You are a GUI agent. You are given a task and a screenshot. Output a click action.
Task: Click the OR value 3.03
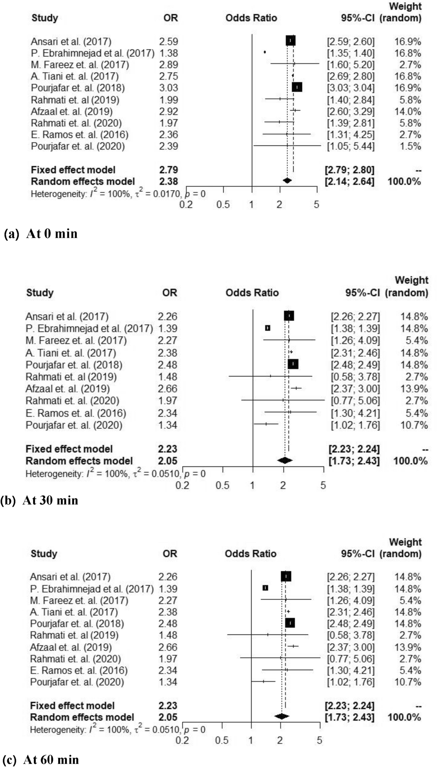click(168, 88)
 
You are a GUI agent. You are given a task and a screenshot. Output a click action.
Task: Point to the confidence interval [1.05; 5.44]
click(351, 146)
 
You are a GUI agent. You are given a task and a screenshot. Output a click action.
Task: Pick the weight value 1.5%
click(410, 146)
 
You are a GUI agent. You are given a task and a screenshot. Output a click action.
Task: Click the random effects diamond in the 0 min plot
click(287, 181)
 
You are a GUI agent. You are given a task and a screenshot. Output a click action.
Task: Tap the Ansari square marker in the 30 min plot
click(289, 316)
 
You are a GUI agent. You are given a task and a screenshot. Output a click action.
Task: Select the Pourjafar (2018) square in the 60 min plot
click(290, 623)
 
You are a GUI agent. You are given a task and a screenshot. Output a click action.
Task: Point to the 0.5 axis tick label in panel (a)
click(223, 204)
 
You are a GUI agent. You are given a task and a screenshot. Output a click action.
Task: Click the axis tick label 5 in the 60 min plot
click(319, 740)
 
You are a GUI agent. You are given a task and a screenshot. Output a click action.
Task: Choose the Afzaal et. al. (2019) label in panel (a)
click(72, 111)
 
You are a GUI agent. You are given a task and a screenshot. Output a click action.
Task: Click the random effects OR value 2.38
click(168, 181)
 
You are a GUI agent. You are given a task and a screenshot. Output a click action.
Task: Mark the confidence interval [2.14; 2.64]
click(349, 181)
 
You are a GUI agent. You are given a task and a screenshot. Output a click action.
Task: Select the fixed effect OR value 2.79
click(168, 170)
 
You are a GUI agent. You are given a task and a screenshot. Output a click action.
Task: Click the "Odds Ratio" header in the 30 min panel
click(252, 293)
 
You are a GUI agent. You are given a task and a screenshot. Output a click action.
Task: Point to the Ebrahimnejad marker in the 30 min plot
click(268, 328)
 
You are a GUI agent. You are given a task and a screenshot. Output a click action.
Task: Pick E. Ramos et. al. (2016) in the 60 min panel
click(79, 670)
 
